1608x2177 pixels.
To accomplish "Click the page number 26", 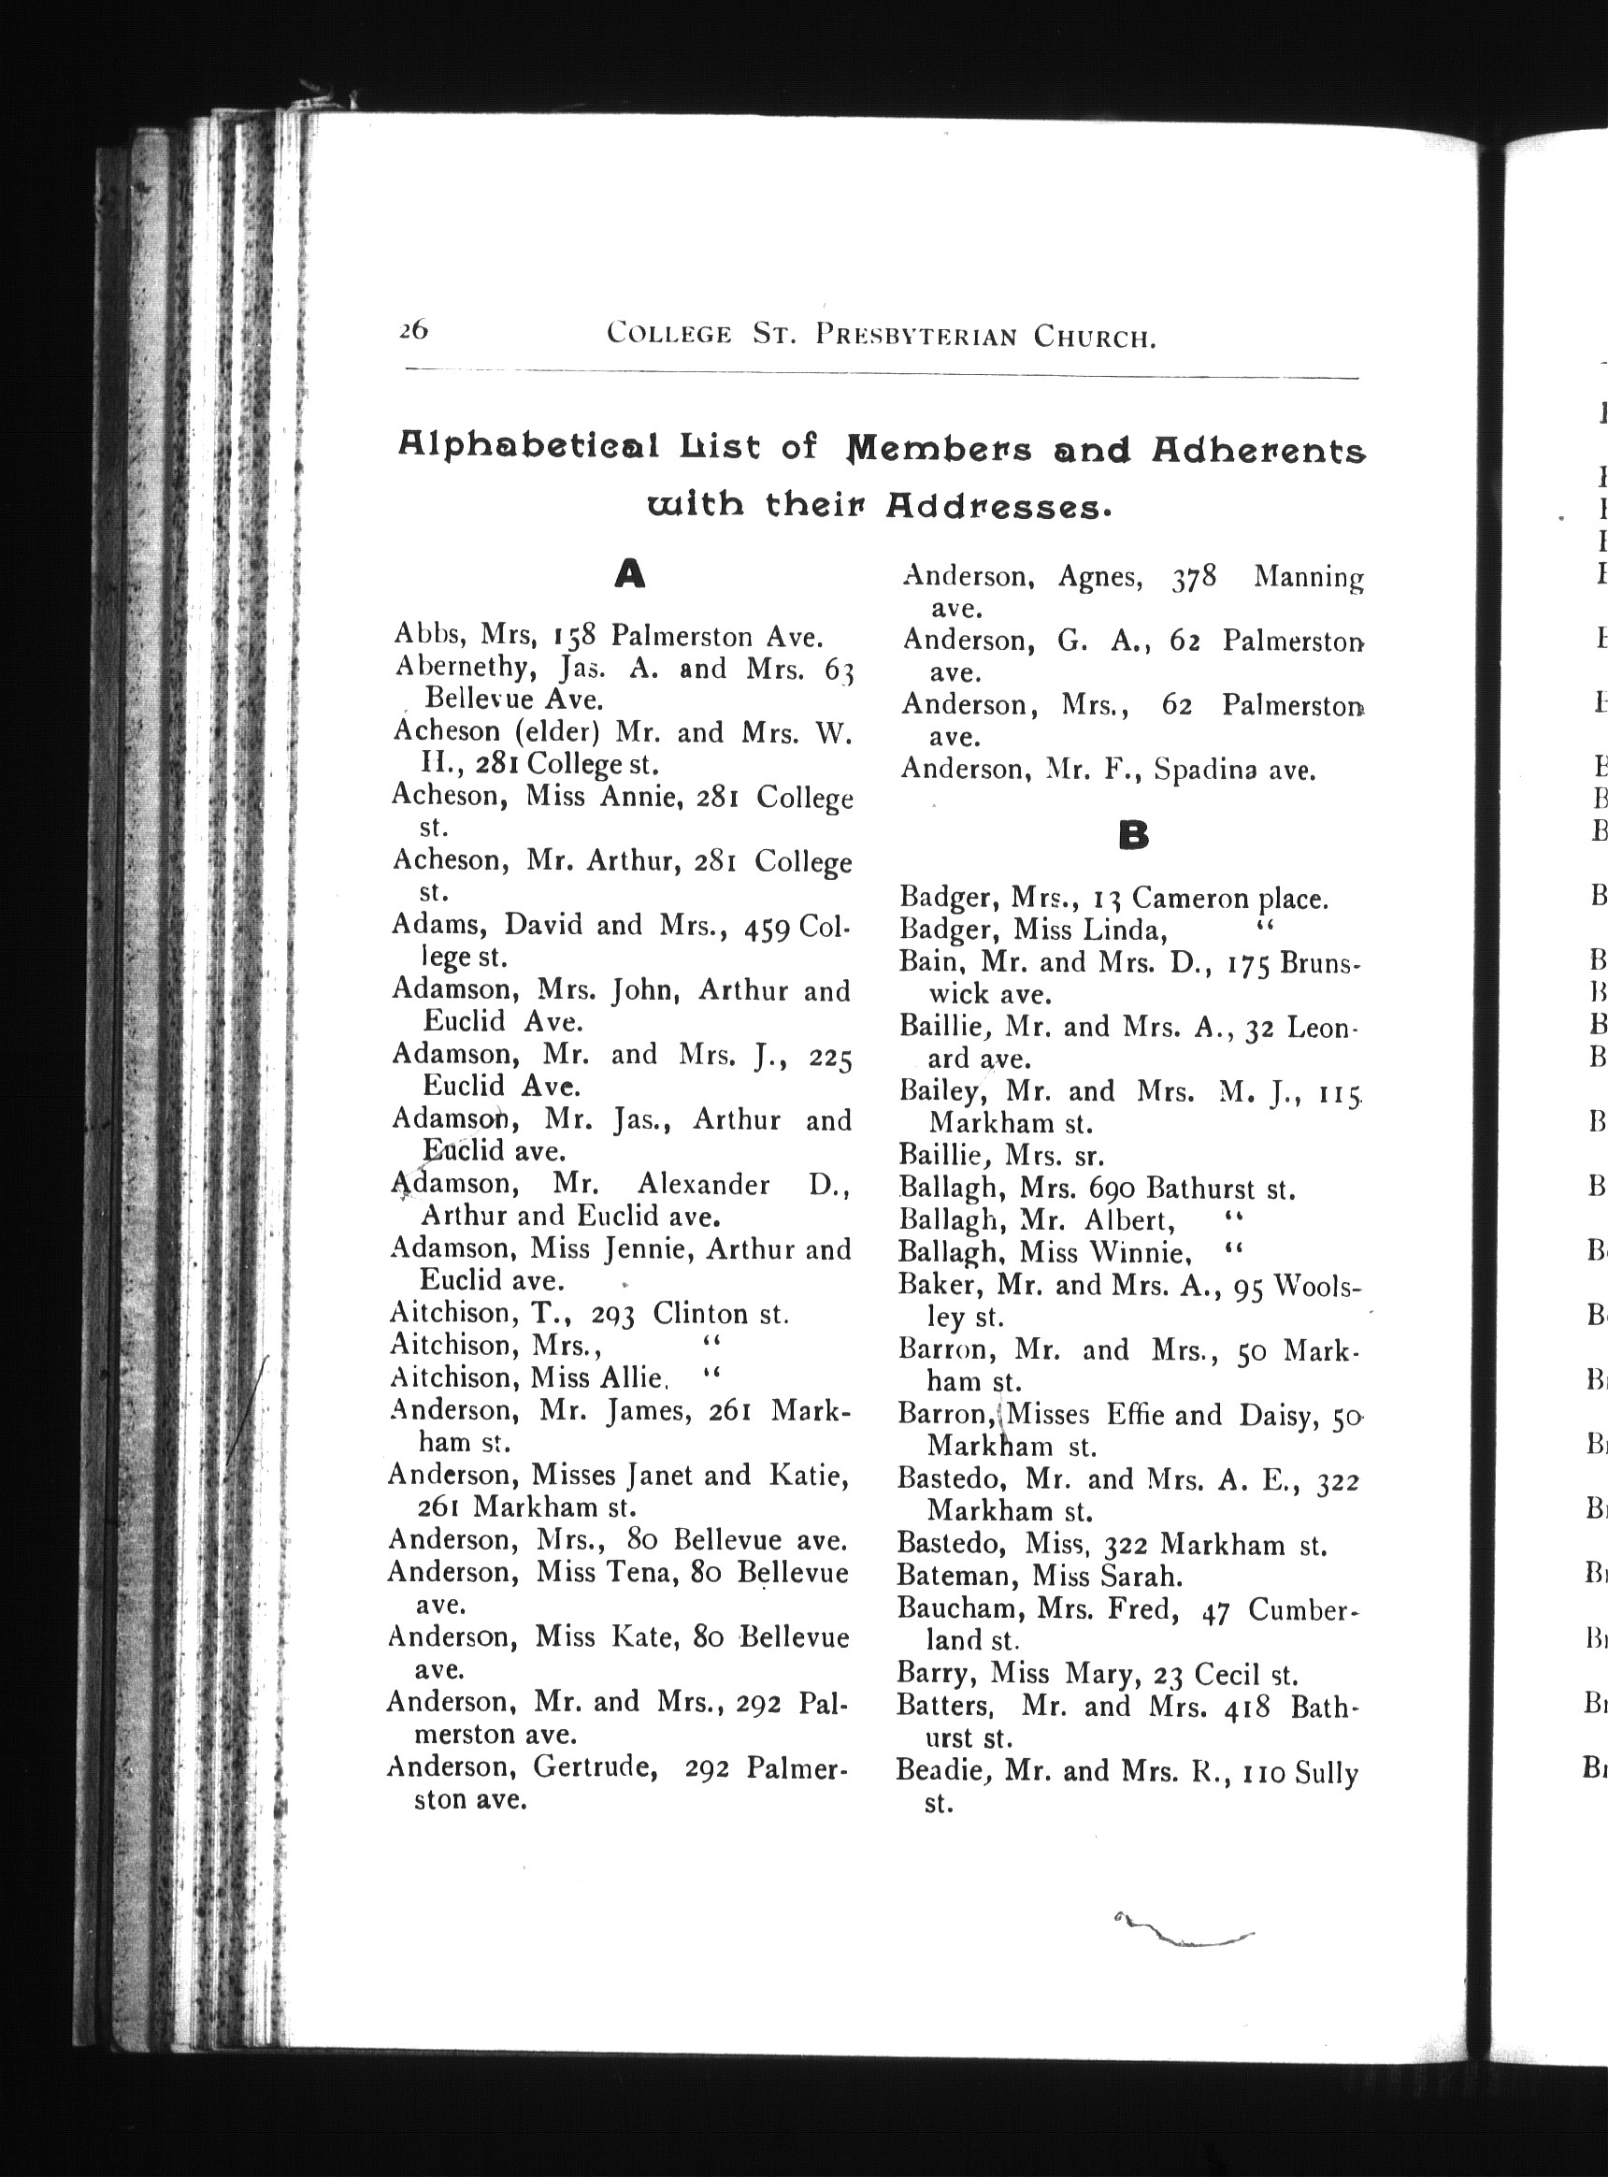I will [x=412, y=331].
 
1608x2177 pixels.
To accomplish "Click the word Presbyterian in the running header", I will [x=917, y=336].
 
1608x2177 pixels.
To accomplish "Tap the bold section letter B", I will [x=1134, y=834].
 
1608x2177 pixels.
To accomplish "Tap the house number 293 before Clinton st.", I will [x=613, y=1315].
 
